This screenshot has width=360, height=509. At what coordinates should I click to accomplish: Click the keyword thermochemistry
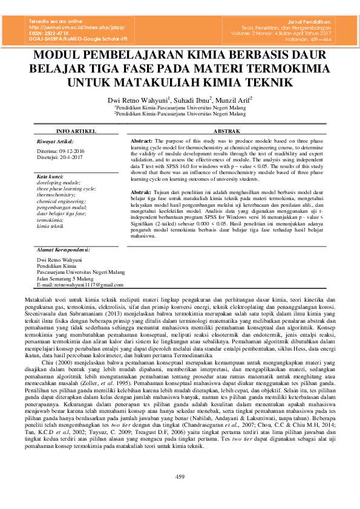coord(56,195)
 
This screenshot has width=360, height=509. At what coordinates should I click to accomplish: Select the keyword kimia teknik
coord(50,225)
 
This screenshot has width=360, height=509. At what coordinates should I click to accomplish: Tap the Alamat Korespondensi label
coord(63,249)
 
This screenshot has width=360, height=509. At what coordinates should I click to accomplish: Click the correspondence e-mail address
coord(76,284)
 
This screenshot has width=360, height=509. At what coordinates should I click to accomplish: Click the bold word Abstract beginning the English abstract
coord(142,140)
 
